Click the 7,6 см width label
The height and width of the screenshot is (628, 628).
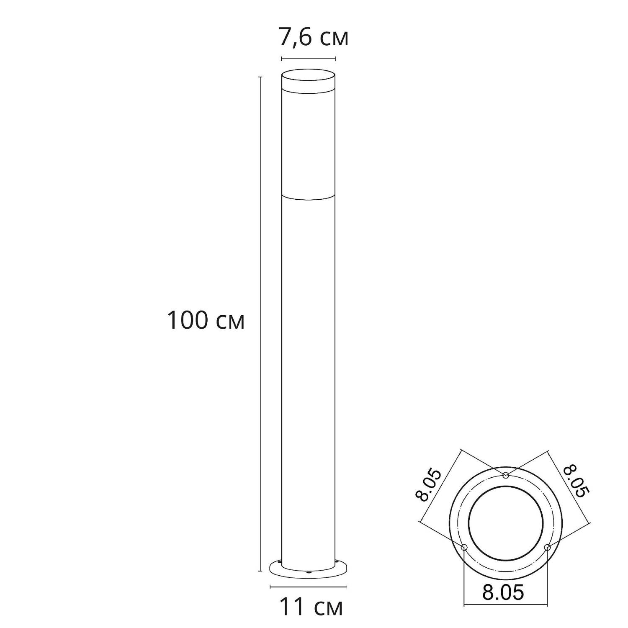(x=313, y=38)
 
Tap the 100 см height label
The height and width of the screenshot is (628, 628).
(x=205, y=321)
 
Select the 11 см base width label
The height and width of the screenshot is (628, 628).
(x=311, y=607)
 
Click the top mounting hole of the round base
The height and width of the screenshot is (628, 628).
(x=506, y=475)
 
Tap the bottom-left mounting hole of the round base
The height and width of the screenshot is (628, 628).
(x=463, y=548)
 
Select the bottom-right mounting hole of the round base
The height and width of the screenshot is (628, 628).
(x=547, y=547)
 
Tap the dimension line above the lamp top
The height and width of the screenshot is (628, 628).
(x=308, y=59)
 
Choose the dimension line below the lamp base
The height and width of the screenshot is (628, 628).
(x=309, y=587)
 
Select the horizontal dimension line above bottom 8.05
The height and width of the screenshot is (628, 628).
(x=505, y=605)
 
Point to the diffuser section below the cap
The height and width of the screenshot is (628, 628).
(x=308, y=142)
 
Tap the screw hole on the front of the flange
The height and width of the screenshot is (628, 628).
(x=309, y=572)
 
